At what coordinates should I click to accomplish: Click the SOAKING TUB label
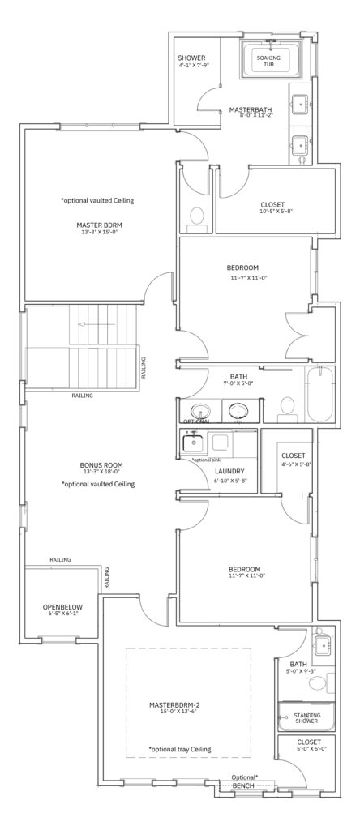pos(269,61)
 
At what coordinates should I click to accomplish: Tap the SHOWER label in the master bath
pos(191,58)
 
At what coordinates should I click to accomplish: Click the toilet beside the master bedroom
pos(197,219)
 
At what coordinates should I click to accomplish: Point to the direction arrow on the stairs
pos(96,324)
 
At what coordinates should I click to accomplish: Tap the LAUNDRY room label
pos(229,471)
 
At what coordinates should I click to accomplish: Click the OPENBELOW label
pos(62,607)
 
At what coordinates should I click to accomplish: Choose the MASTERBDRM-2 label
pos(174,704)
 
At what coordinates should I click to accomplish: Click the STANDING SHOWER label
pos(306,718)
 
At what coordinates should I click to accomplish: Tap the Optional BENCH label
pos(244,781)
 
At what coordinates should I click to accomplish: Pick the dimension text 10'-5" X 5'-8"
pos(272,211)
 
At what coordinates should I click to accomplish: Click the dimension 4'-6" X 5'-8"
pos(294,465)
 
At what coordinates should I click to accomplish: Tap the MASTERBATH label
pos(250,109)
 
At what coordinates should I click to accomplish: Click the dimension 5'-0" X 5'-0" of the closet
pos(308,749)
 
